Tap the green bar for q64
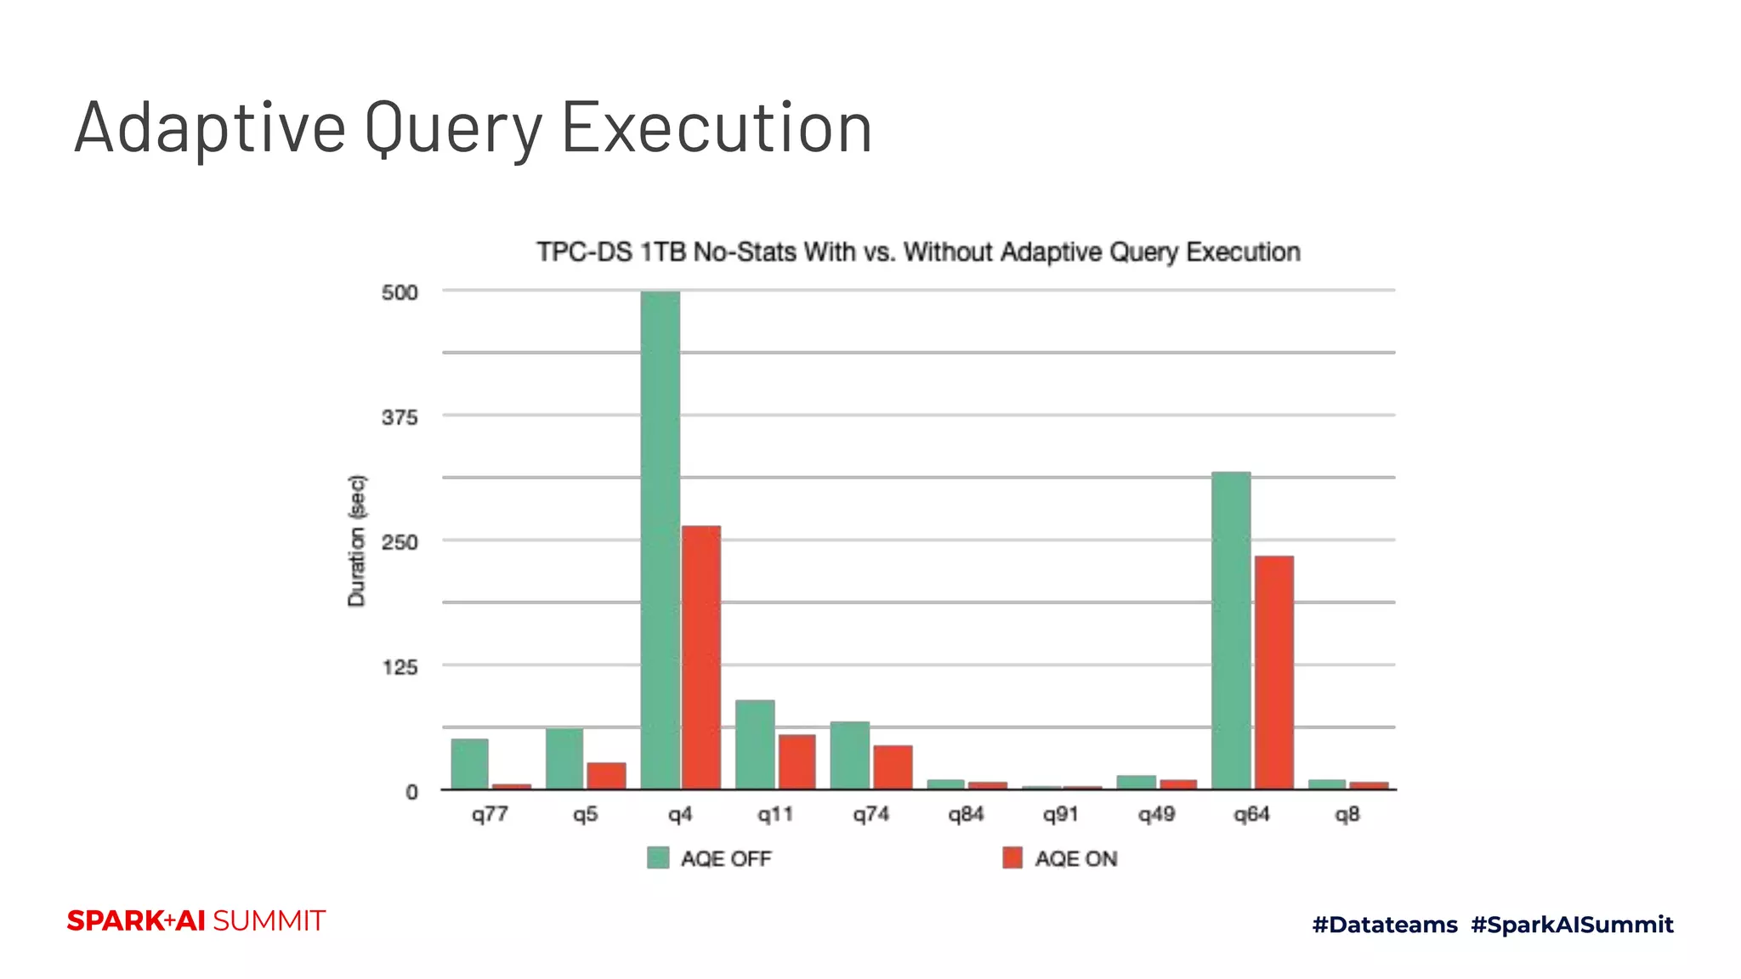1231,630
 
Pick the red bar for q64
1273,672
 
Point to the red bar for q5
606,775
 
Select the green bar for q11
755,744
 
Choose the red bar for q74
893,767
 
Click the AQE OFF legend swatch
658,857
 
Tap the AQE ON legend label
1075,859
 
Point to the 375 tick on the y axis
400,417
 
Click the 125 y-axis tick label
400,667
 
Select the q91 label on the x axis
1061,814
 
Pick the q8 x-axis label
1347,814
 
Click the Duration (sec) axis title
357,540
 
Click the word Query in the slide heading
453,127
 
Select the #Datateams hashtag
1385,925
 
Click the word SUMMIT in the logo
269,920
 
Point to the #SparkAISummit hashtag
1572,925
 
